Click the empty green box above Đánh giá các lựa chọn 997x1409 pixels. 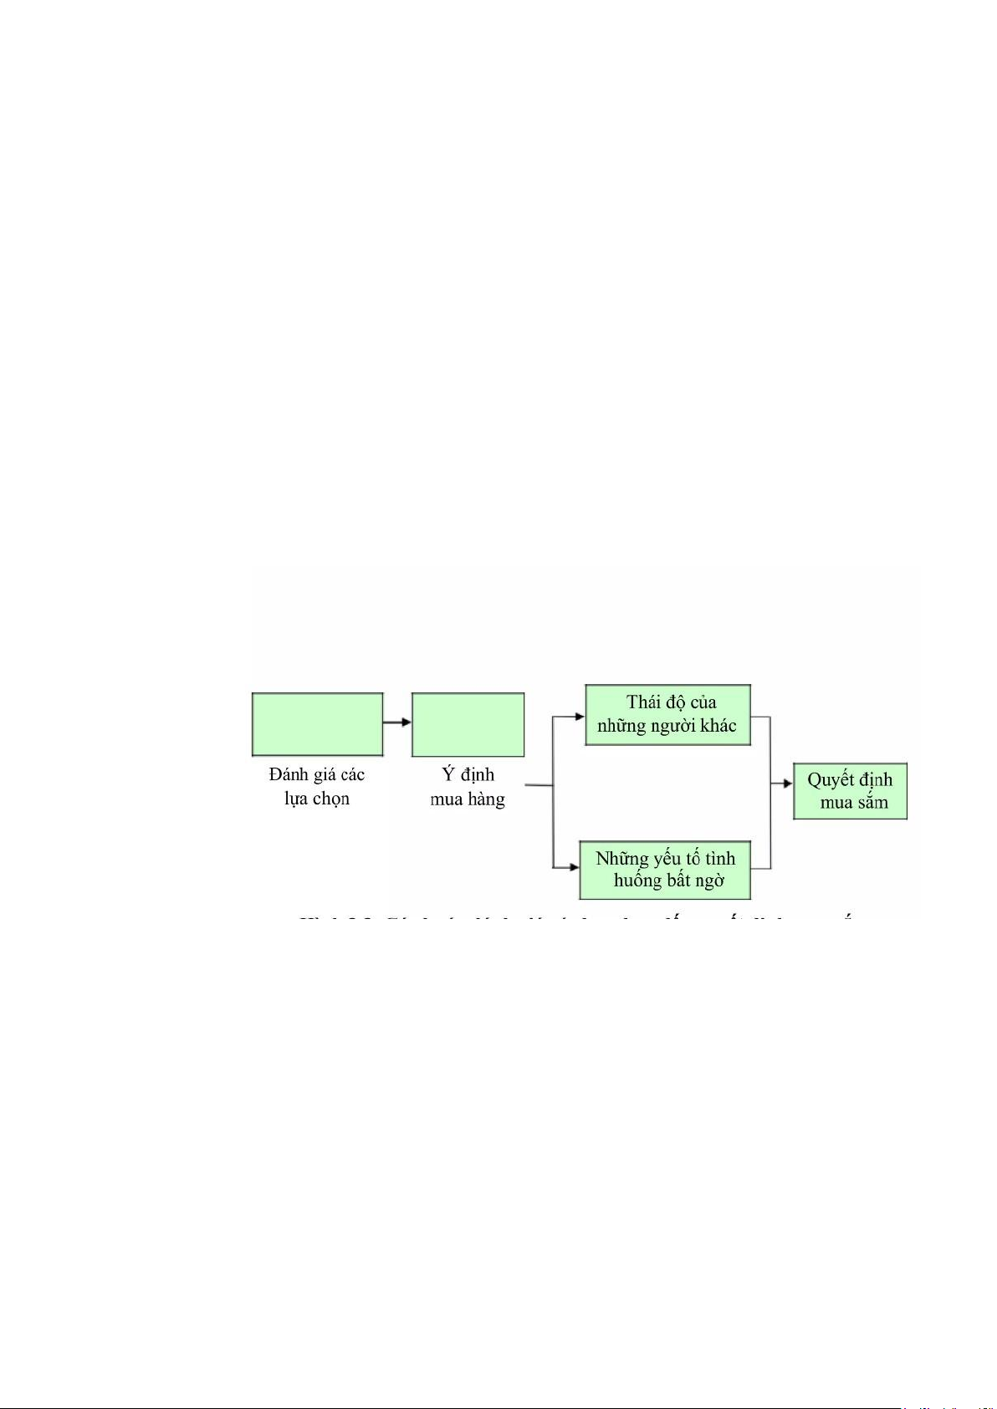coord(318,724)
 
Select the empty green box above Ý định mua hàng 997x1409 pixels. coord(468,724)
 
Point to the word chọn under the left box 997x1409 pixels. coord(331,799)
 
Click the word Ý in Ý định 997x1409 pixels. coord(448,774)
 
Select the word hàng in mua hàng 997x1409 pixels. coord(487,799)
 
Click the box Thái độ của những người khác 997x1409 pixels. coord(667,715)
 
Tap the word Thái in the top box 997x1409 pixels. coord(644,702)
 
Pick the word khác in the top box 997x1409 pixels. coord(718,726)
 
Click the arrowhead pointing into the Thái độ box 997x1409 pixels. coord(579,717)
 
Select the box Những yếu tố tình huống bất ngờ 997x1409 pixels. coord(666,870)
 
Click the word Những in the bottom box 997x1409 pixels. coord(621,859)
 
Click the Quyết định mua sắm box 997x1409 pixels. coord(850,791)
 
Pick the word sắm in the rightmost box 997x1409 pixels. coord(872,803)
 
